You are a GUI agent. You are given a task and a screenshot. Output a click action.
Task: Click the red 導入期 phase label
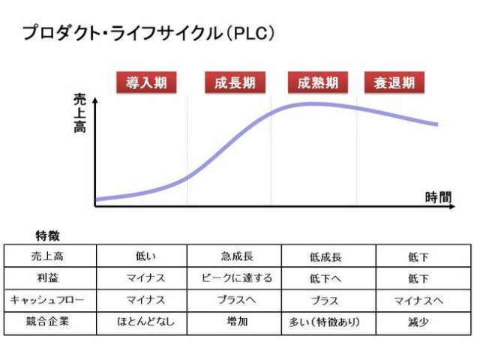[146, 82]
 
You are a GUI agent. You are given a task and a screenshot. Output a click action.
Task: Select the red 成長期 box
[232, 82]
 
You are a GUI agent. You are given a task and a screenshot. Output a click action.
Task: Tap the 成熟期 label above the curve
[315, 82]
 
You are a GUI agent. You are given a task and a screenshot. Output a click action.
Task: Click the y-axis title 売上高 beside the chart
[80, 113]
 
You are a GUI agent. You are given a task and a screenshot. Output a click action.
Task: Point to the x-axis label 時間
[439, 197]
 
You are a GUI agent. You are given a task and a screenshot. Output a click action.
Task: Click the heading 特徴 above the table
[49, 235]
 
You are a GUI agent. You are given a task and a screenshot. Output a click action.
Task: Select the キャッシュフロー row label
[52, 300]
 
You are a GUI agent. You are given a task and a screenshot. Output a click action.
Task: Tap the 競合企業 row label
[52, 322]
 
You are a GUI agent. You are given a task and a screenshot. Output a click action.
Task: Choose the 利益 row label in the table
[52, 278]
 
